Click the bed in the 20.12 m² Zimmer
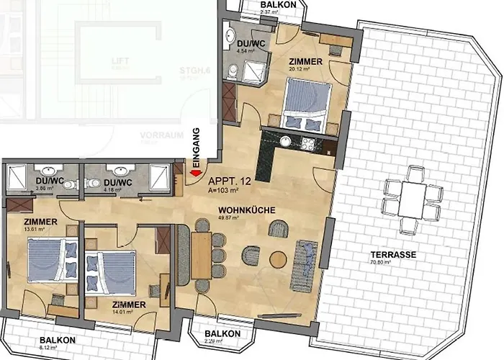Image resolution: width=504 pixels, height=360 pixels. pyautogui.click(x=307, y=107)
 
